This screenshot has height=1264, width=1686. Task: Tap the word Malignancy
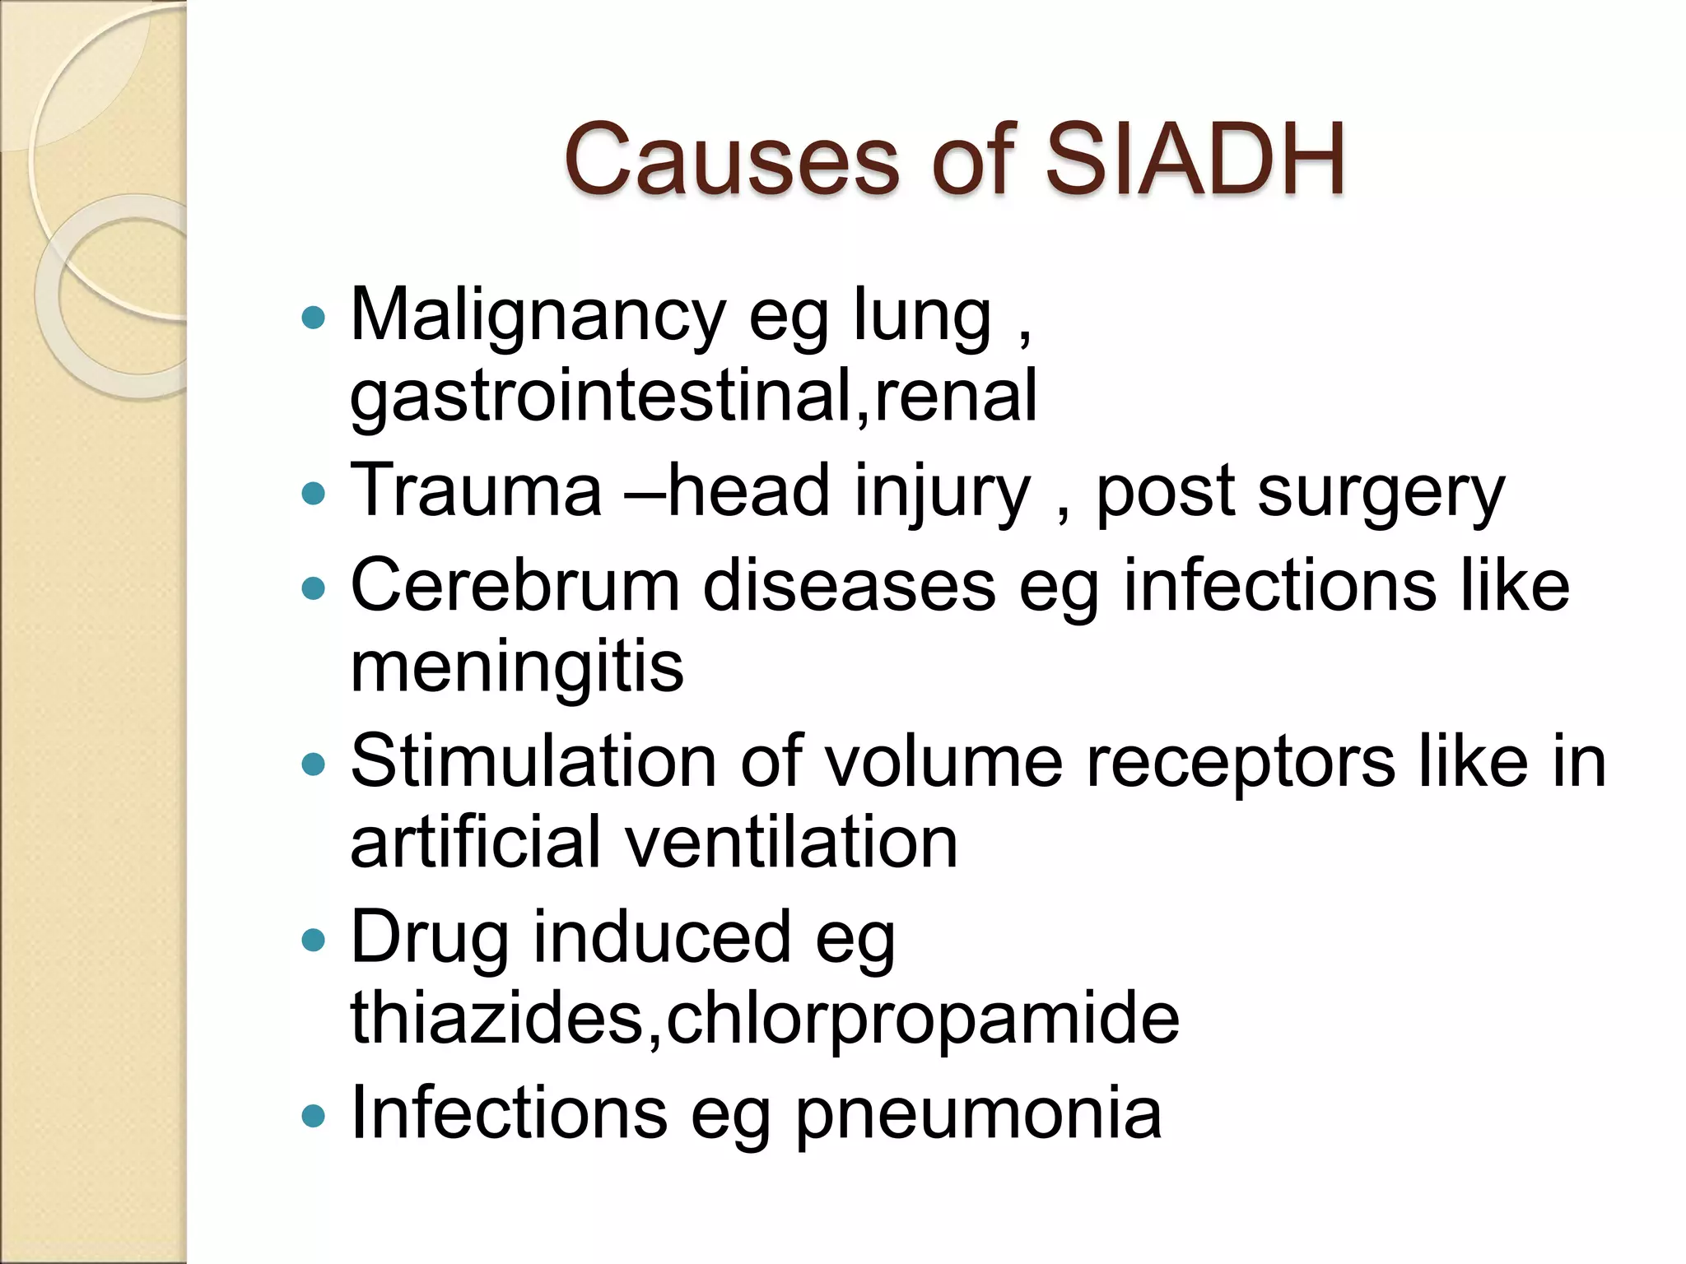pos(538,317)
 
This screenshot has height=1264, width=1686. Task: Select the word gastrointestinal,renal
pos(693,397)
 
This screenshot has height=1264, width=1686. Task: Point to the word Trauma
pos(477,491)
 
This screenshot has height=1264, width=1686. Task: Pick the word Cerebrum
pos(515,586)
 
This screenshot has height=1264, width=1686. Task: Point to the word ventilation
pos(791,843)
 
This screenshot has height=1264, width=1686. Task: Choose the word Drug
pos(430,938)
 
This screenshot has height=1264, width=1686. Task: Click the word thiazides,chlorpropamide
pos(765,1019)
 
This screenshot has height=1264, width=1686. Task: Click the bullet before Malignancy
pos(314,318)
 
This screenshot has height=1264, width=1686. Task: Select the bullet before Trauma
pos(314,494)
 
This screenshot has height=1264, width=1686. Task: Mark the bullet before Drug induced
pos(314,939)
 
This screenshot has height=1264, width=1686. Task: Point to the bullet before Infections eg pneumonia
pos(314,1116)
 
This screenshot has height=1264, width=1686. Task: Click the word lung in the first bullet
pos(922,317)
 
